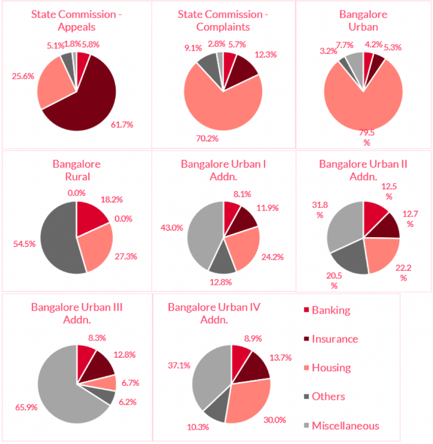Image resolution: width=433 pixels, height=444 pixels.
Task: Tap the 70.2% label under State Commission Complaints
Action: [207, 139]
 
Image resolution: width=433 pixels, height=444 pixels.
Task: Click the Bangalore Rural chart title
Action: [77, 170]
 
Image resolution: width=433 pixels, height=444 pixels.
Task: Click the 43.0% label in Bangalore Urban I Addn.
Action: [171, 228]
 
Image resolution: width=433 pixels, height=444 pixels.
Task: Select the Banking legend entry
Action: [331, 310]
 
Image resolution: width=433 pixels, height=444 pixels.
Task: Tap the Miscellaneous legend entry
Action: [345, 425]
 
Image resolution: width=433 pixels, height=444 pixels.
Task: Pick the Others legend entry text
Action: [328, 396]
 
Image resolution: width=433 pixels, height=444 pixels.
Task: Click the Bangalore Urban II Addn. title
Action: [363, 170]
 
